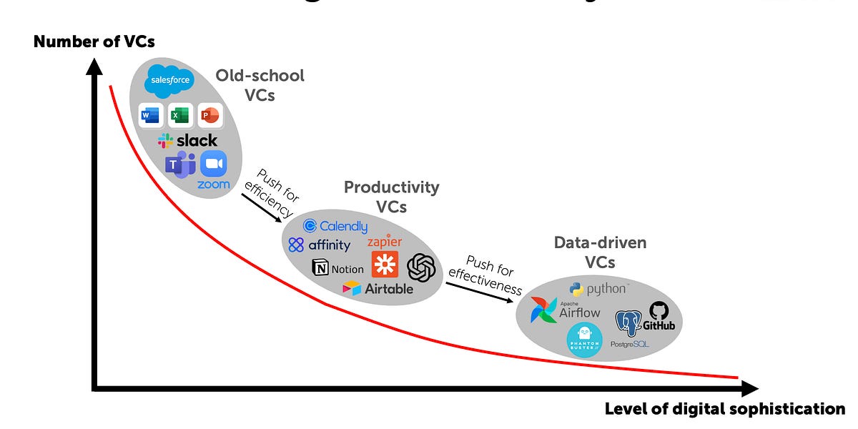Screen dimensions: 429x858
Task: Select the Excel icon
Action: [181, 114]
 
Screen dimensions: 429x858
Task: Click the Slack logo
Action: [187, 141]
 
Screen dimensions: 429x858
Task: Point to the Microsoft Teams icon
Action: [180, 165]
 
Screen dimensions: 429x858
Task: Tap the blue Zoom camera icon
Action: [213, 164]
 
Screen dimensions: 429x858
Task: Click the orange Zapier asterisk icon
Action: [384, 265]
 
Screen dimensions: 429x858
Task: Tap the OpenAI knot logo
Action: [421, 268]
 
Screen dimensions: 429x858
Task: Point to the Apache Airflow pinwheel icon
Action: [544, 310]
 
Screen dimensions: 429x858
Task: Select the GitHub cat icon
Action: [659, 310]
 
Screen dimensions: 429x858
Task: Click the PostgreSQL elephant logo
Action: [628, 324]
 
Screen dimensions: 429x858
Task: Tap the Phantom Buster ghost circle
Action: [584, 340]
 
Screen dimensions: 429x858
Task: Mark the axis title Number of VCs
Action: [94, 42]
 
